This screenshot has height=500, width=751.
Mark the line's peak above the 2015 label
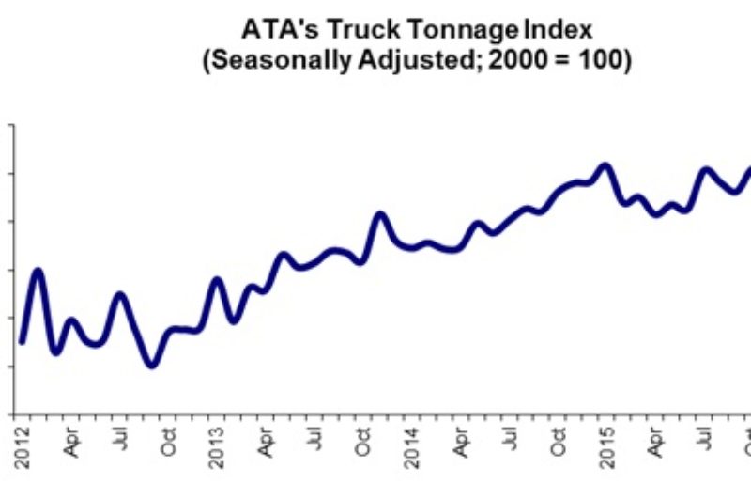605,166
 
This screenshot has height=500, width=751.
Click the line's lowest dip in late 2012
153,364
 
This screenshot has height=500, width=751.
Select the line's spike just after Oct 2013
380,215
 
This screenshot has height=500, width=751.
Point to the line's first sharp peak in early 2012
38,272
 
